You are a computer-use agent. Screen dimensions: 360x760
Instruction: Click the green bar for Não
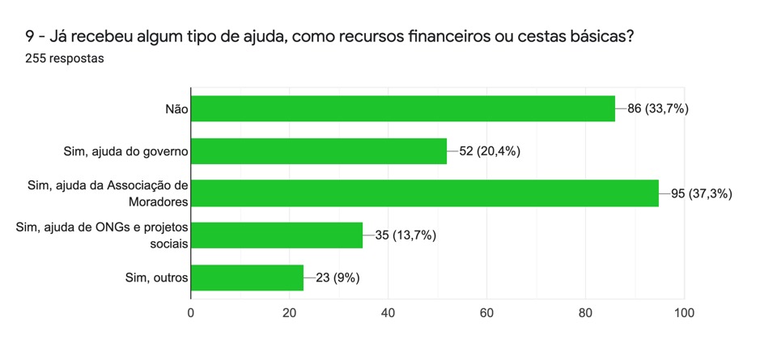(x=402, y=108)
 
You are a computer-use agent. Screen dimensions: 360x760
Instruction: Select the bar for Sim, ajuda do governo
(x=318, y=150)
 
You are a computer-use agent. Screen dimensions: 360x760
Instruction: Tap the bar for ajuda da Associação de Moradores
(x=424, y=193)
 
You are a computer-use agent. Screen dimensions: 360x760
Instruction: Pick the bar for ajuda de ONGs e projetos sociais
(x=276, y=235)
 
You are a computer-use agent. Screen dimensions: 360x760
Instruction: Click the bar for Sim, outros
(x=247, y=277)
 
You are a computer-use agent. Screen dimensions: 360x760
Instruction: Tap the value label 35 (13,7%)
(x=405, y=235)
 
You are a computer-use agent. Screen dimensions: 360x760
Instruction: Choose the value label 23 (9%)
(x=338, y=277)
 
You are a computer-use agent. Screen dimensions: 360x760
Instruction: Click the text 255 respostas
(x=65, y=59)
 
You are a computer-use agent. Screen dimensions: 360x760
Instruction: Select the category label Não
(x=176, y=108)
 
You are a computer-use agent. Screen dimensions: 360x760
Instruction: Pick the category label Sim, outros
(x=153, y=277)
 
